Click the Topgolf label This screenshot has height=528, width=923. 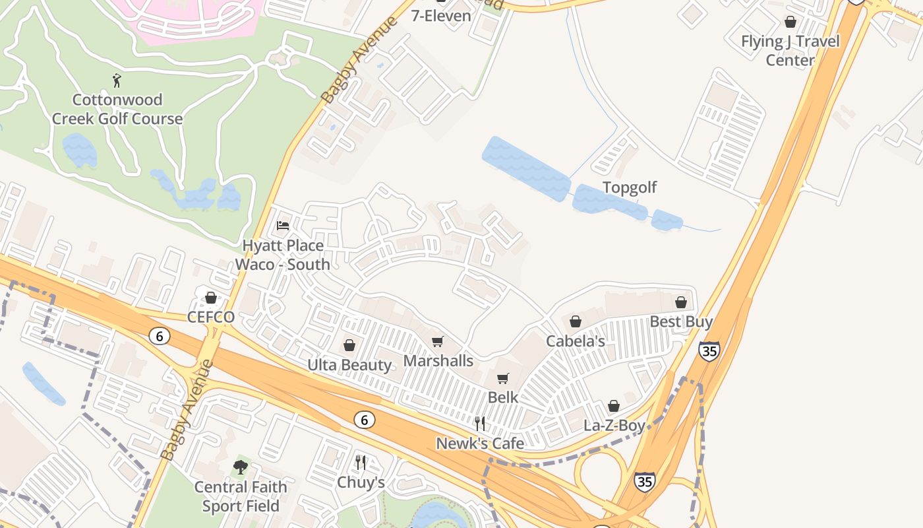(x=630, y=187)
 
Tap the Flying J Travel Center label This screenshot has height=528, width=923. (x=790, y=51)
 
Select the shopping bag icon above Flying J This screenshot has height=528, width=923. (x=790, y=22)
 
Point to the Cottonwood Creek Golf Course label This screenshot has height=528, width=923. (x=117, y=110)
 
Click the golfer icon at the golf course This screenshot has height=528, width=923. (x=117, y=81)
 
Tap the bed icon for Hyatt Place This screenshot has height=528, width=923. (x=283, y=226)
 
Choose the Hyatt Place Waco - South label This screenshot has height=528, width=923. (x=283, y=255)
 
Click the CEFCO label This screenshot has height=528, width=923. (x=211, y=317)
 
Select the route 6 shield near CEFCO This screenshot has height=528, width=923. (x=159, y=336)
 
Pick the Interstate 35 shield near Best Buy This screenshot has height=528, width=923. (x=709, y=350)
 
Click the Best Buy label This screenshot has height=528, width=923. (x=681, y=322)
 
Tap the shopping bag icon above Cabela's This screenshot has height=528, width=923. (x=576, y=321)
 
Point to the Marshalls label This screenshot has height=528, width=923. (x=438, y=361)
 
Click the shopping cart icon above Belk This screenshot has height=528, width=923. (x=503, y=378)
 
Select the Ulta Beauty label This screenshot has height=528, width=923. (x=349, y=365)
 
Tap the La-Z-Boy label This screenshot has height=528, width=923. (x=614, y=426)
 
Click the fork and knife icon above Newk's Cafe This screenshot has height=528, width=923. (x=480, y=423)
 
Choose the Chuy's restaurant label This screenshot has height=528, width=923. (x=361, y=482)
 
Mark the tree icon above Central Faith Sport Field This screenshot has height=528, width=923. (x=241, y=467)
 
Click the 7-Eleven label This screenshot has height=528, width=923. (x=441, y=16)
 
